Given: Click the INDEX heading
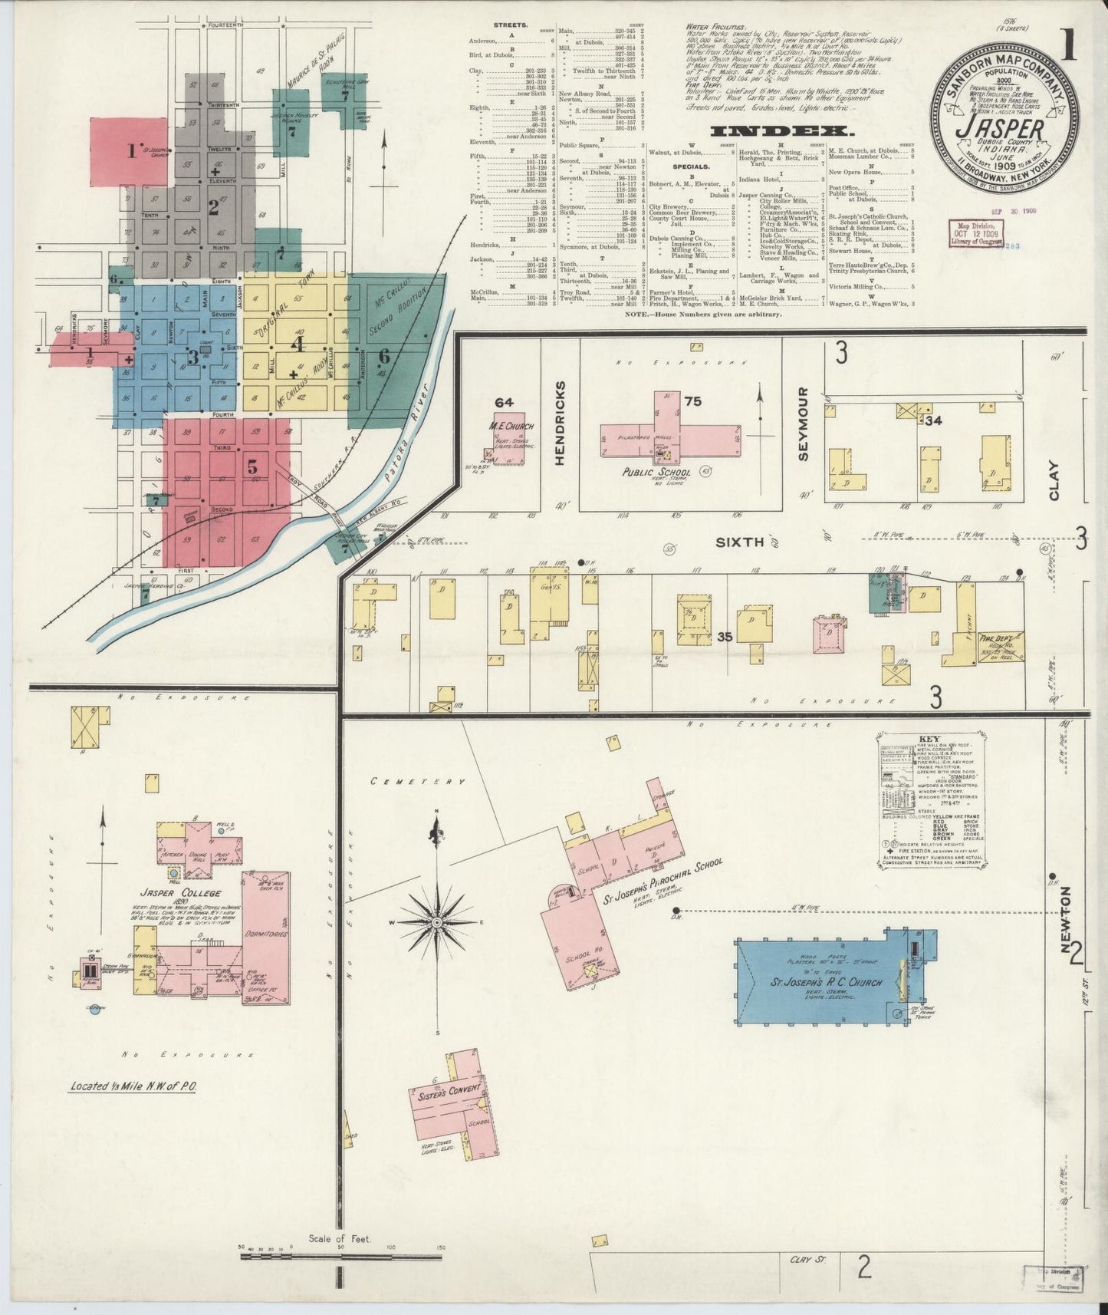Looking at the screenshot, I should coord(778,131).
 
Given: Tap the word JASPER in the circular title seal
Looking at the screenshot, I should coord(998,124).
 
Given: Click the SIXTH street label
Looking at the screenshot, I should coord(739,542).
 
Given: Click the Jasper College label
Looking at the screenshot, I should coord(180,893).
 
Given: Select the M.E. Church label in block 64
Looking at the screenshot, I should coord(511,427).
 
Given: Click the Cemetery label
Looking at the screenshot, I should coord(417,781).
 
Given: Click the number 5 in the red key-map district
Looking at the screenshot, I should coord(252,466).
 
